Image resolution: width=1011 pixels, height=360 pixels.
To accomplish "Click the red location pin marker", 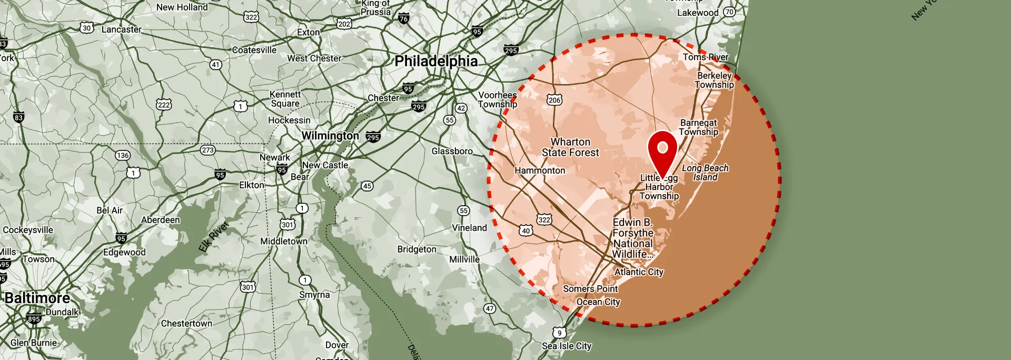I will coord(662,150).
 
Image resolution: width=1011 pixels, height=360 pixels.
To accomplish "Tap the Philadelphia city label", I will coord(436,61).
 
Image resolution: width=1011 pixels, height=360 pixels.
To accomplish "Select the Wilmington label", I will coord(330,136).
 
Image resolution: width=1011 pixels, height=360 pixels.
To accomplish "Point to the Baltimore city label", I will coord(37,298).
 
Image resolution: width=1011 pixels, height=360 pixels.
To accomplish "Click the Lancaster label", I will coord(121,29).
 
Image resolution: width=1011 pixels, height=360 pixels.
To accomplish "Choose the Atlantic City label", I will coord(639,272).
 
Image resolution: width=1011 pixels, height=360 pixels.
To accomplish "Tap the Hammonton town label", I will coord(540,171).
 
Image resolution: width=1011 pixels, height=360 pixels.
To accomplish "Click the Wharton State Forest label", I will coord(570,147).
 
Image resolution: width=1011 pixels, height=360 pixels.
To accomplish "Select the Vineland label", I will coord(469,228).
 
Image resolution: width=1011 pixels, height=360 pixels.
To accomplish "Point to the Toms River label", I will coord(706,57).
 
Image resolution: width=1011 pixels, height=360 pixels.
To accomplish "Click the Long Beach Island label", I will coord(705,173).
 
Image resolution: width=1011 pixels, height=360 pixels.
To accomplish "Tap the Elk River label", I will coord(214,236).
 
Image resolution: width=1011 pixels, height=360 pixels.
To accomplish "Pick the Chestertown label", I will coord(186,323).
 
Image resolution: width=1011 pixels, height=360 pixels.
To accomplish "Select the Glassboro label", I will coord(452,151).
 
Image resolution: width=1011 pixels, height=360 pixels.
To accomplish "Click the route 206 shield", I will coord(554,100).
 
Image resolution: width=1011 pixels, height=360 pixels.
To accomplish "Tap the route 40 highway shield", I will coord(526,231).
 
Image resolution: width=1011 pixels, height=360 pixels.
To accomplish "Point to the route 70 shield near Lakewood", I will coord(729,12).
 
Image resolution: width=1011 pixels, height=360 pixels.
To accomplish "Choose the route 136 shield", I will coord(123,155).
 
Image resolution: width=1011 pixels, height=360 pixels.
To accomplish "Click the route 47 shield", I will coord(490,308).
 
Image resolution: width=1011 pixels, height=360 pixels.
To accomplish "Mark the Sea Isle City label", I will coord(567,346).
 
